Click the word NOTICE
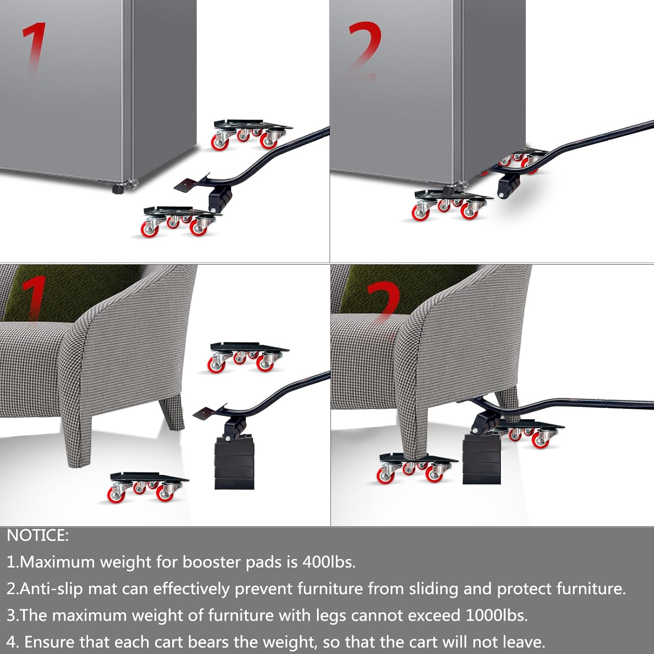click(x=37, y=535)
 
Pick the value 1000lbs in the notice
click(x=497, y=615)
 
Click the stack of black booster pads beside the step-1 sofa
click(x=234, y=462)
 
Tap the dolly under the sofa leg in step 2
click(x=416, y=468)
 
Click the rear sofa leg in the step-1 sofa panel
click(x=171, y=412)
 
